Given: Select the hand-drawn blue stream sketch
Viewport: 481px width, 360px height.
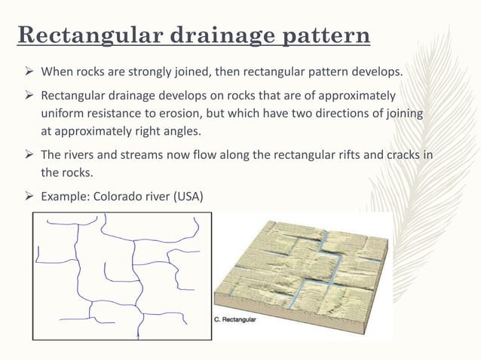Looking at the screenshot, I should (121, 275).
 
